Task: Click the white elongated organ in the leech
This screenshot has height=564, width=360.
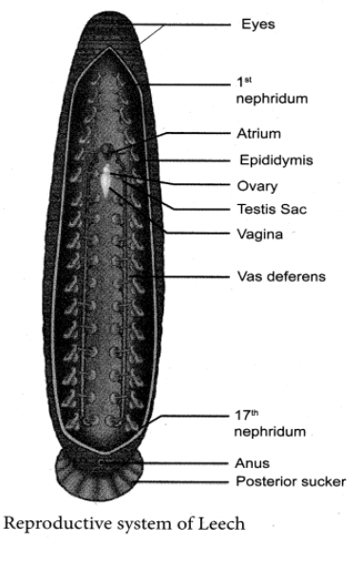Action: (x=105, y=178)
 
